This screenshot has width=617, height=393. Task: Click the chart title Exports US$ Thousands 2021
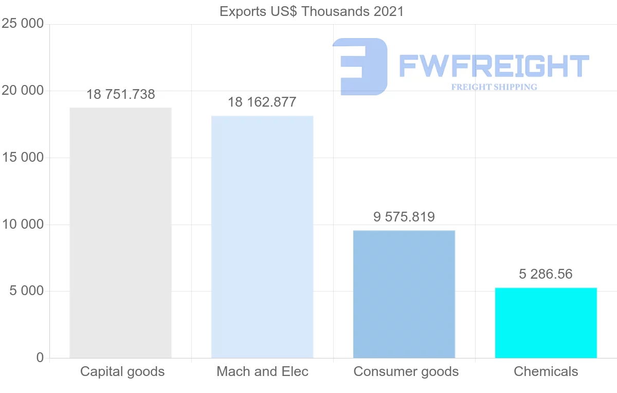click(312, 11)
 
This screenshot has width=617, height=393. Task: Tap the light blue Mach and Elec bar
click(262, 237)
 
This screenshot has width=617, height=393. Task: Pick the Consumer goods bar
click(404, 294)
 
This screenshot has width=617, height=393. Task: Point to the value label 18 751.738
click(120, 94)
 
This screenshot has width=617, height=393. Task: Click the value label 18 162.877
click(262, 102)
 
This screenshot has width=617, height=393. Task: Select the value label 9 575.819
click(404, 217)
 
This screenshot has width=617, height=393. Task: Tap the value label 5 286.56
click(546, 274)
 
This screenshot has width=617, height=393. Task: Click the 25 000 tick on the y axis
click(22, 24)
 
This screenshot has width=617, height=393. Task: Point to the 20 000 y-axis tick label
click(22, 91)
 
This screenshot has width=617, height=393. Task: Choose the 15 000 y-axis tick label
click(22, 158)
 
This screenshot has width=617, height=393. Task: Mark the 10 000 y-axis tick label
click(22, 225)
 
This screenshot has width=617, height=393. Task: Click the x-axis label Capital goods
click(122, 371)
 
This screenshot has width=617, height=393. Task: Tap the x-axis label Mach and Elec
click(262, 371)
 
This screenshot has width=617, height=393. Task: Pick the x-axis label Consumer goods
click(406, 371)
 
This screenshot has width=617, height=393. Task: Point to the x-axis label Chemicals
click(546, 371)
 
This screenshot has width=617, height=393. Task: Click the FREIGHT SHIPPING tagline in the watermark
click(494, 87)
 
